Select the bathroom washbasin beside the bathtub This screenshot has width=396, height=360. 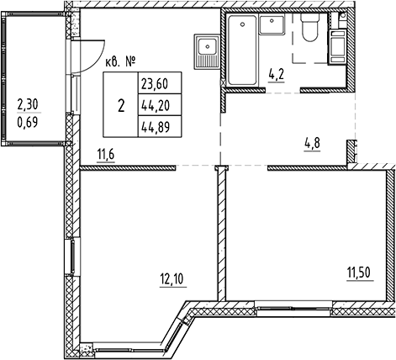pyautogui.click(x=272, y=25)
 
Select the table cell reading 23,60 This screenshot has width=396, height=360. pyautogui.click(x=156, y=84)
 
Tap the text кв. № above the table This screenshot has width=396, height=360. pyautogui.click(x=122, y=60)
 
